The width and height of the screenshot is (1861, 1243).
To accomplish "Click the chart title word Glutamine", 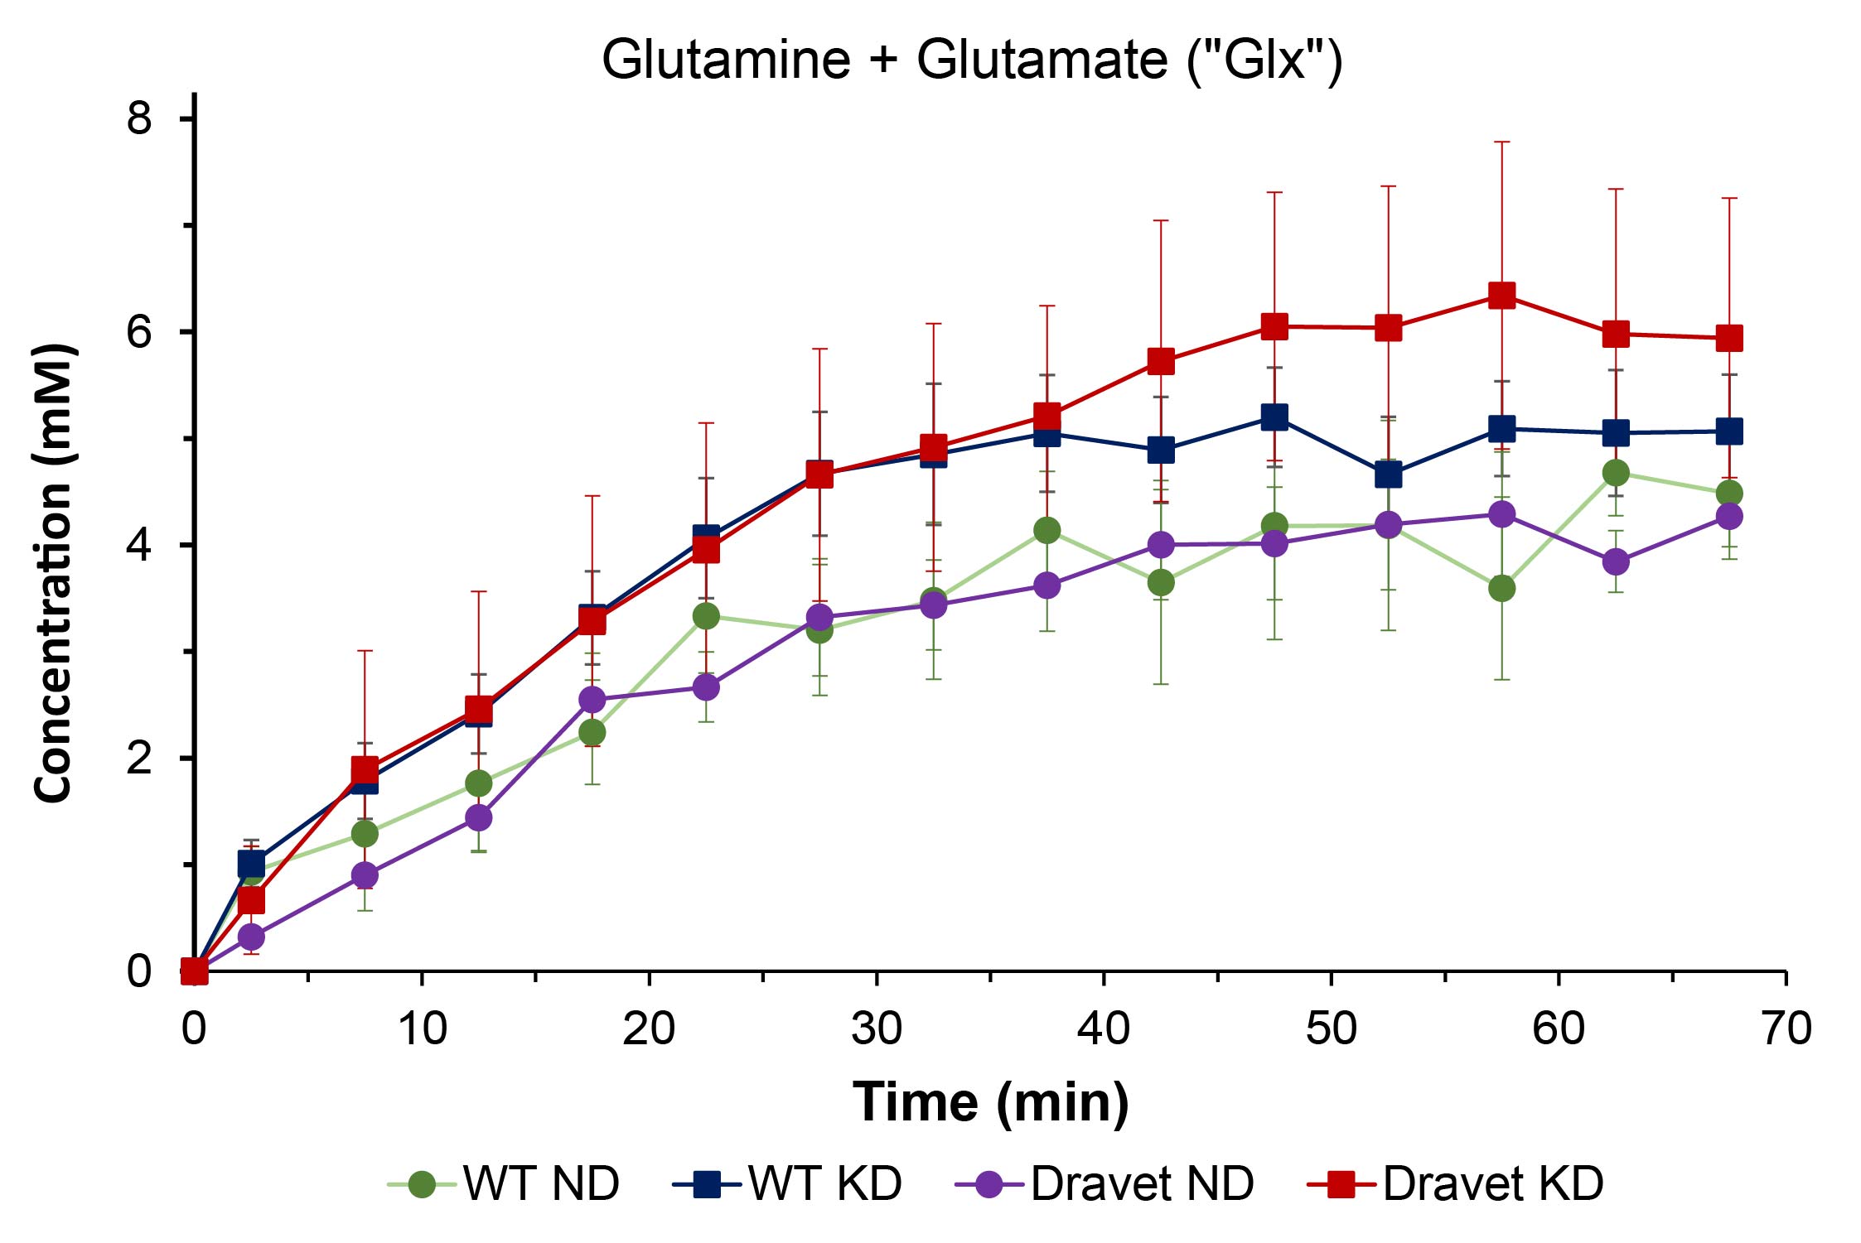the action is (726, 60).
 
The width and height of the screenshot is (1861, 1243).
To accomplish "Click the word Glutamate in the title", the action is (1041, 60).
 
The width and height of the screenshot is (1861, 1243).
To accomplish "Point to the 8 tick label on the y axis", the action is (139, 118).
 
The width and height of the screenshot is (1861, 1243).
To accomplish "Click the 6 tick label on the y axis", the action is (139, 331).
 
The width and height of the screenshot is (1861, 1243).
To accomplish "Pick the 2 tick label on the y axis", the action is (139, 758).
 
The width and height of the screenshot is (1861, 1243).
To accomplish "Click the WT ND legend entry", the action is (504, 1183).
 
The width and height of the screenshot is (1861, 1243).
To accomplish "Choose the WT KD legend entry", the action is (788, 1183).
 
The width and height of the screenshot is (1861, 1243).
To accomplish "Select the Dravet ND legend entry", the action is (1105, 1183).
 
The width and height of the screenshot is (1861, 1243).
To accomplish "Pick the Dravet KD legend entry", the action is (1456, 1183).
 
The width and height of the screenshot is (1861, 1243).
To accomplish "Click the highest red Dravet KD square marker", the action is (1502, 296).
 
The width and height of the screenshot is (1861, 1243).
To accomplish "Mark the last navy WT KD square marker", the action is (1729, 431).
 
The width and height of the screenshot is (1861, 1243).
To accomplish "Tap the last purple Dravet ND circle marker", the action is (1729, 516).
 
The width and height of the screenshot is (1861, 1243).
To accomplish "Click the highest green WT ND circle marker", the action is (1616, 473).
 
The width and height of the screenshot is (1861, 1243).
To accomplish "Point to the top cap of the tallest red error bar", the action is (1502, 142).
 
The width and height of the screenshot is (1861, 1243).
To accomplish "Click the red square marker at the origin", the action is (195, 971).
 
